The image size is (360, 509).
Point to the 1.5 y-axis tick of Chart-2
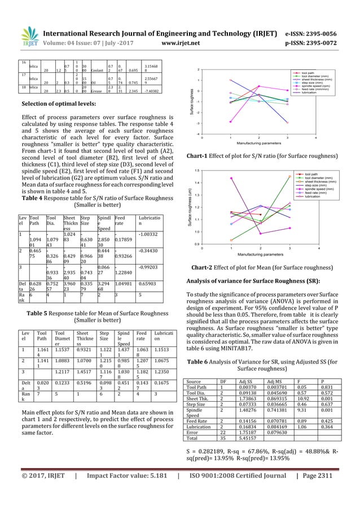(x=196, y=170)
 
